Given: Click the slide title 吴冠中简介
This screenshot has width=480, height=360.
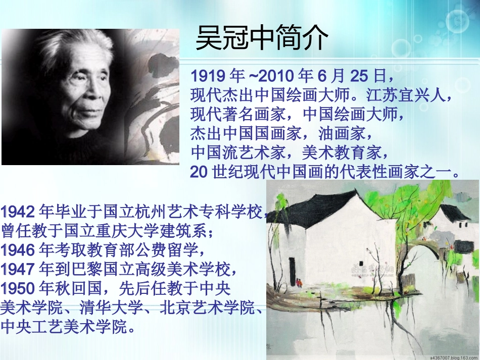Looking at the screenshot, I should click(x=262, y=38).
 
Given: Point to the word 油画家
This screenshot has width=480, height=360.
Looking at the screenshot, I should click(x=346, y=134).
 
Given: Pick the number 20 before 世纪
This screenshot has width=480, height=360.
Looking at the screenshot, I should click(x=199, y=172).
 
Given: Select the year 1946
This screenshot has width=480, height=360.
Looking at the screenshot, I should click(x=18, y=249).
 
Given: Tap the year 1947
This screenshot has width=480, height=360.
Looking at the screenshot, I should click(x=18, y=269).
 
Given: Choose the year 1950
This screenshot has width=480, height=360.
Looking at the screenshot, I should click(x=18, y=288).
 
